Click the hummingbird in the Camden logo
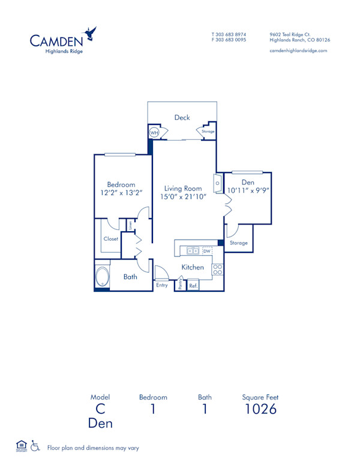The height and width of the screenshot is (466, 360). (91, 33)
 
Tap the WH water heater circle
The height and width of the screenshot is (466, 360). (154, 133)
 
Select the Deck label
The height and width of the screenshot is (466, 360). (182, 118)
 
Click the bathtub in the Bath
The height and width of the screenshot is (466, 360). (103, 277)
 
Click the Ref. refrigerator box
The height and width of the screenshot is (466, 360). (193, 285)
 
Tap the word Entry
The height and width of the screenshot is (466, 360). (162, 285)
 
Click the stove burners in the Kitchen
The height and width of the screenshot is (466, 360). (218, 270)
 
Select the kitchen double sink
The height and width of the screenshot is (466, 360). (193, 250)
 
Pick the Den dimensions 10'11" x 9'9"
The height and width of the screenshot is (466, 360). (248, 190)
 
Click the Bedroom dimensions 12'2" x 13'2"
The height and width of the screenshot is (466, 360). (121, 193)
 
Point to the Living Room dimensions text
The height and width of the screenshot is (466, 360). (183, 196)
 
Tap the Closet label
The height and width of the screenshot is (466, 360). (111, 238)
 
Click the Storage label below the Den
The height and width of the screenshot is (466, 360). (238, 243)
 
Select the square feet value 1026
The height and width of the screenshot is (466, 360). (260, 410)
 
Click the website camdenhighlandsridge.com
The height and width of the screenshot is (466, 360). (299, 51)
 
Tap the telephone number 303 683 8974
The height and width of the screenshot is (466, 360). (232, 34)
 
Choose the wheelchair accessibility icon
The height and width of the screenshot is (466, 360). (36, 446)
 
